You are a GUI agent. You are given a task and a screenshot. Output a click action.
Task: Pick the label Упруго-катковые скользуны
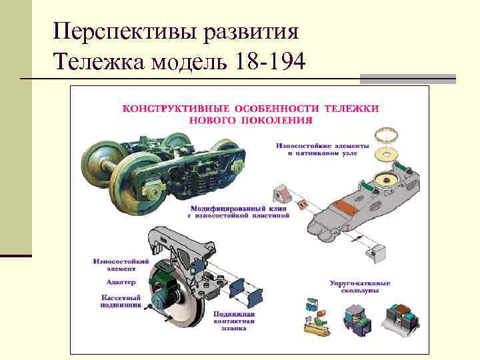361,287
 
